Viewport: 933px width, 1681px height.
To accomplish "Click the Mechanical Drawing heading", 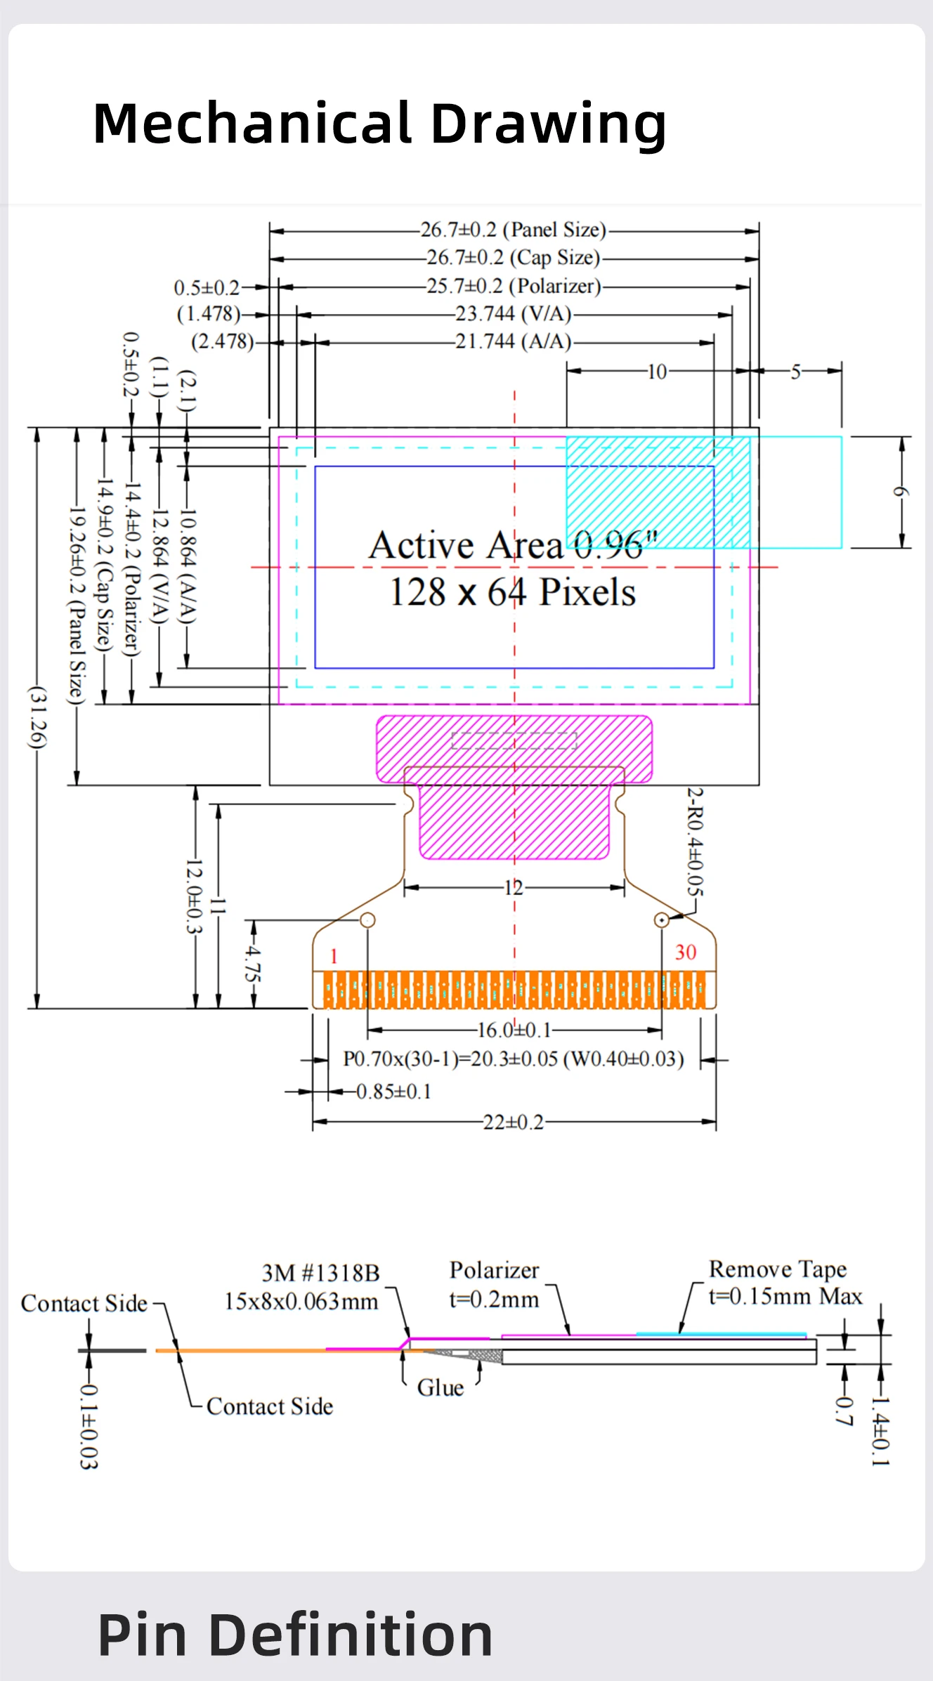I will click(x=379, y=124).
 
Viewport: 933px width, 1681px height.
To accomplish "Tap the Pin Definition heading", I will click(x=295, y=1635).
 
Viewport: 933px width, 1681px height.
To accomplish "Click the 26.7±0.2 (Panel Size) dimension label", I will click(x=513, y=230).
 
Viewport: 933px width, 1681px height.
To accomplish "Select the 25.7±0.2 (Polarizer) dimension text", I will click(x=514, y=286).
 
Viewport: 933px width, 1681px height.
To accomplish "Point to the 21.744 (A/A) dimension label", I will click(x=513, y=341).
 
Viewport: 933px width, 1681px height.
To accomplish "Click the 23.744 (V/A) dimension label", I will click(x=513, y=313).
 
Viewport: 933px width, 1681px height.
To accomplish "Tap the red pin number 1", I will click(x=334, y=956).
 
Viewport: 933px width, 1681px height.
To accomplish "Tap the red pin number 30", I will click(x=686, y=953).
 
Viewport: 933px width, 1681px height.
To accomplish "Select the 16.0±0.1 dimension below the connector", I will click(x=514, y=1031).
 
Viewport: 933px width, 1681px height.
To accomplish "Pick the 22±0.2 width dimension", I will click(x=514, y=1122).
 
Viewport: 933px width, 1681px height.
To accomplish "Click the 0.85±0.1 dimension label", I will click(x=393, y=1092).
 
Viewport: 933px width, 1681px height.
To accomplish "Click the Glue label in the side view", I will click(x=441, y=1388).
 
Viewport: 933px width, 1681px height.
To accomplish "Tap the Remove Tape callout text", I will click(x=778, y=1269).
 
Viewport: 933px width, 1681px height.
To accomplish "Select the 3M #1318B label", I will click(x=320, y=1273).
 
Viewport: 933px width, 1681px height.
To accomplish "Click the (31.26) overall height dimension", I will click(x=37, y=717).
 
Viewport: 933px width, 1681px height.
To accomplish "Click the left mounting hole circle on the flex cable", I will click(x=367, y=920).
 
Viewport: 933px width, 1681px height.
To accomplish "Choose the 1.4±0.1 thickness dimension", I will click(x=880, y=1431).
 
